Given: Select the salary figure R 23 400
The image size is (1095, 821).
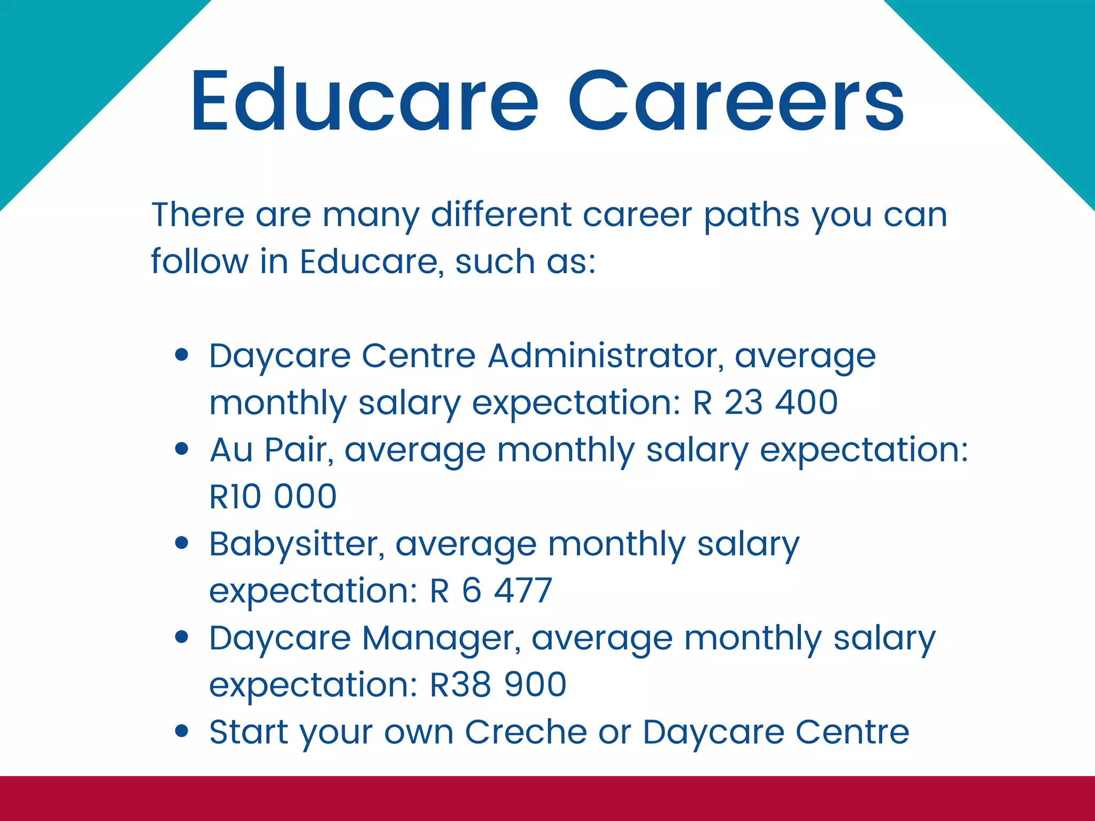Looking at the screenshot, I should [x=765, y=402].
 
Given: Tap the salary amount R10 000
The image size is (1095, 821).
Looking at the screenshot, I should [x=273, y=497].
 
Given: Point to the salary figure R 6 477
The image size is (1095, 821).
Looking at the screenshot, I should [x=491, y=591].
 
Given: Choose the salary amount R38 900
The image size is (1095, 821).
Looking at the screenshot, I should [x=498, y=685].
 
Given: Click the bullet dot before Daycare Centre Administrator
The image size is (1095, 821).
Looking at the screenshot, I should [x=182, y=354].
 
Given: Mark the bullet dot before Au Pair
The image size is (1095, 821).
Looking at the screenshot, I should [x=182, y=448].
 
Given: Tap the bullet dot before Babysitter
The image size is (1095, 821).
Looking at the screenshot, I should [x=182, y=543].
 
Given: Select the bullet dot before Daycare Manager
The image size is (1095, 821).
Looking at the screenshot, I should [x=182, y=637].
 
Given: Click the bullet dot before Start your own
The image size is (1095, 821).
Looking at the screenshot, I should [x=182, y=731].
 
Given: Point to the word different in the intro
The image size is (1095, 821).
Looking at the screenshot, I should [x=501, y=214].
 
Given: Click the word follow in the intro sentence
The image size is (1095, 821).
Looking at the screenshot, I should [x=199, y=261].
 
